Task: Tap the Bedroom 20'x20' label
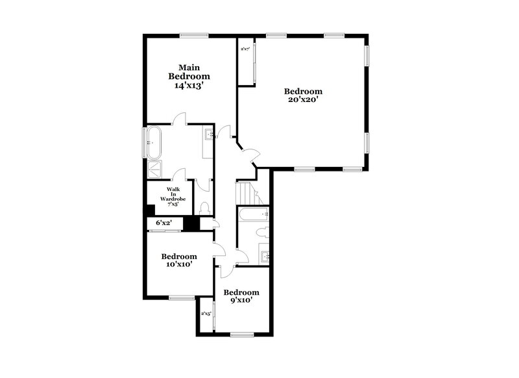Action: (x=304, y=95)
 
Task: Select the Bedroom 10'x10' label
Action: (x=178, y=260)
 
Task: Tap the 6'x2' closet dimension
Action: (x=163, y=223)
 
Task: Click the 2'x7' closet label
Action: (x=245, y=49)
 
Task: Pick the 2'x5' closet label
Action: (x=206, y=314)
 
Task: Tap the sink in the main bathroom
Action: (x=210, y=135)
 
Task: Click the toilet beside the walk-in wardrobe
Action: (x=204, y=208)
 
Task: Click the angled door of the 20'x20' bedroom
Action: (x=250, y=153)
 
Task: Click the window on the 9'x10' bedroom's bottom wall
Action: (x=241, y=335)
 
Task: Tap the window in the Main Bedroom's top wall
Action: (x=194, y=35)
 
